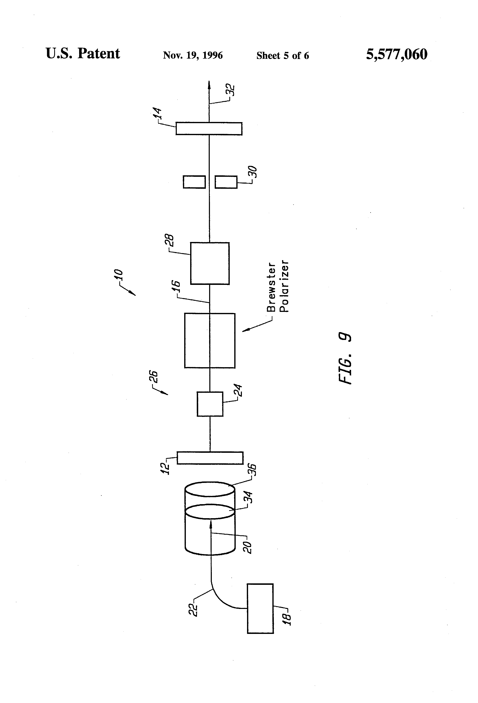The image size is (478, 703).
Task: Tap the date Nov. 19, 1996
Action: pos(193,55)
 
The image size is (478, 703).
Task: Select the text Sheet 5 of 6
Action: pos(282,56)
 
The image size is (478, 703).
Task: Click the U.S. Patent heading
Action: pos(83,54)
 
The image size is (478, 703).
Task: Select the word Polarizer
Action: pos(284,286)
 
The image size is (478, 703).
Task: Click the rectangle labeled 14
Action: pos(209,129)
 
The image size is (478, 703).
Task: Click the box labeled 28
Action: pos(210,263)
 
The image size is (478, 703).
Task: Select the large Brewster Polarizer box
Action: pos(210,340)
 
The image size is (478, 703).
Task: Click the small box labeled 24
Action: pos(210,404)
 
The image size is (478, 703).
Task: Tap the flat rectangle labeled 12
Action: pos(210,458)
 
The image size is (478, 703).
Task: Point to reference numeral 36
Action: pos(253,470)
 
